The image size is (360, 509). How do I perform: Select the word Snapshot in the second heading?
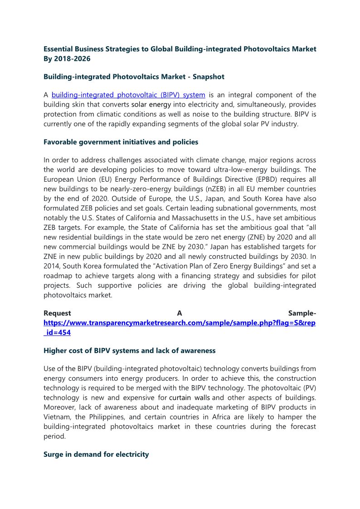[x=208, y=77]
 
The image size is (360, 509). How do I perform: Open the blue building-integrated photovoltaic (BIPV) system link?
[x=128, y=95]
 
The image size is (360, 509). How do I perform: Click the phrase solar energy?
[x=151, y=105]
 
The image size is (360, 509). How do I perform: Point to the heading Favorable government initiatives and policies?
[x=121, y=142]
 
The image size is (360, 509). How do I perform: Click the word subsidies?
[x=271, y=276]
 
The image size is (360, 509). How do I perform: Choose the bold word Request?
[x=57, y=313]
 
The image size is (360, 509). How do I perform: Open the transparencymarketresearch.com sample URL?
[x=180, y=323]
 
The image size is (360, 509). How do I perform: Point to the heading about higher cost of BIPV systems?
[x=129, y=350]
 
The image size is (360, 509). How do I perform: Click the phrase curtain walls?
[x=189, y=398]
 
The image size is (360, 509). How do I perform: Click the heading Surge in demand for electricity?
[x=96, y=454]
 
